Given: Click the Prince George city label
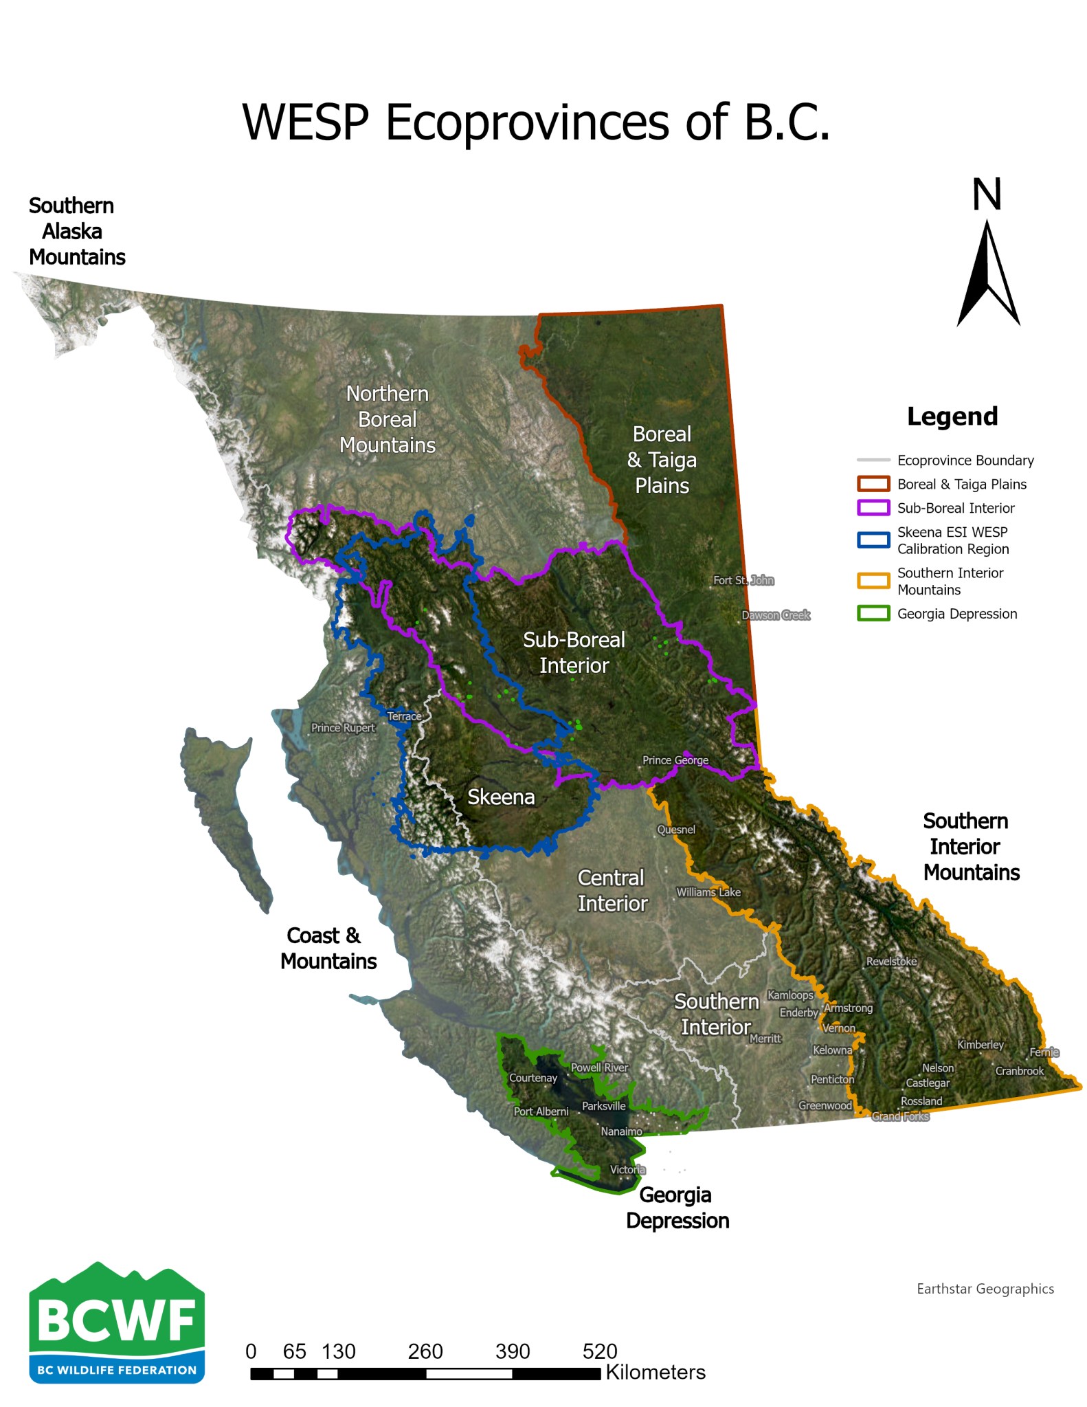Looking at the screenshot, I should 675,760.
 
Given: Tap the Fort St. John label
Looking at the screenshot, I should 743,580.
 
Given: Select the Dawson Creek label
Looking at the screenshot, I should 776,615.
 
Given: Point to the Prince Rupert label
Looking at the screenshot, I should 343,728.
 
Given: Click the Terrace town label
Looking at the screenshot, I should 404,716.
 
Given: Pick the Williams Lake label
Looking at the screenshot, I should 708,892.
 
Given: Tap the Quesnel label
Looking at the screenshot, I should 676,830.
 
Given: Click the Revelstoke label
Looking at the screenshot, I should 891,962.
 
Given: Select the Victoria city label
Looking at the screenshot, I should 627,1170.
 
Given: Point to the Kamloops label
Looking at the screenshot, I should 790,995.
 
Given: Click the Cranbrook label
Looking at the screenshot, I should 1019,1071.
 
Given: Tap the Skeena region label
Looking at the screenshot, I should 501,797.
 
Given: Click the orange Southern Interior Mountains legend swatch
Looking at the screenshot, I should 873,581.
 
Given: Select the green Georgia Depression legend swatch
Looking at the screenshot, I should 873,614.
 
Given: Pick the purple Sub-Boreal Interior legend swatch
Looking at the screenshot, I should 873,508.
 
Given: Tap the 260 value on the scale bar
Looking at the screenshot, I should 425,1352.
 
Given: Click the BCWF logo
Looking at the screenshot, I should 117,1323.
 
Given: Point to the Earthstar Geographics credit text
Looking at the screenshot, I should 985,1289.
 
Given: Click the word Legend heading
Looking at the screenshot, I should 952,417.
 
